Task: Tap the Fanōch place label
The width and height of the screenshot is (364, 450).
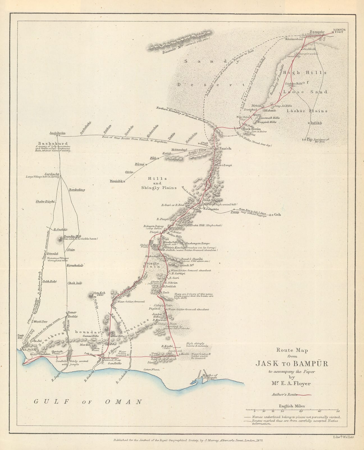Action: click(225, 148)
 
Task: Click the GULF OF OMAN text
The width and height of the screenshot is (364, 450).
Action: click(88, 402)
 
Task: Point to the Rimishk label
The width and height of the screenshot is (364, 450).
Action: click(116, 181)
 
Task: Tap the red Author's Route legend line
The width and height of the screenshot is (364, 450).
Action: click(304, 395)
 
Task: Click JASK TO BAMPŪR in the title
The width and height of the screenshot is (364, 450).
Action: click(292, 364)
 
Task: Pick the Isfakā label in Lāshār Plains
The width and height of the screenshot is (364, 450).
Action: click(316, 123)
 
